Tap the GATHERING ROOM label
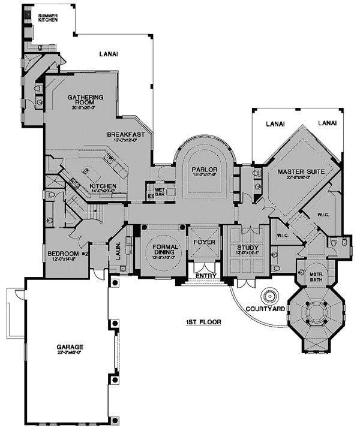[85, 100]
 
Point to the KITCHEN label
[103, 186]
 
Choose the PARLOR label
[204, 170]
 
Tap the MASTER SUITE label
[301, 172]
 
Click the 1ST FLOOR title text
[203, 322]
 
